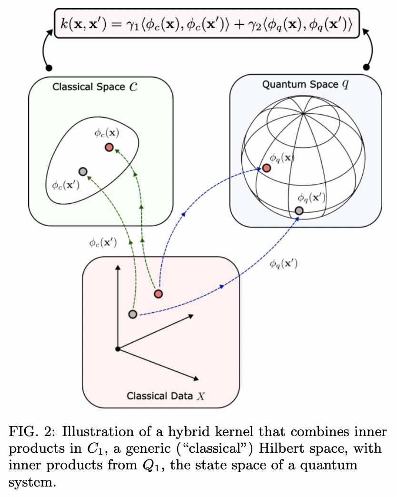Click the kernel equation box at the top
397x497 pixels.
coord(207,23)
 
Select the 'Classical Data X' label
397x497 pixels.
coord(166,396)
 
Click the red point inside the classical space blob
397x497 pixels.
coord(109,148)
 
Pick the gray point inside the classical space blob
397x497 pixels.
coord(82,171)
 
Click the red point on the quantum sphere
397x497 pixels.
coord(267,168)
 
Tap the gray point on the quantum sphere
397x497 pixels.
coord(299,210)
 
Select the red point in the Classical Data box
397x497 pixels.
coord(159,294)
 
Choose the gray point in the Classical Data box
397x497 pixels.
coord(133,314)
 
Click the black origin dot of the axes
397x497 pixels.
coord(118,349)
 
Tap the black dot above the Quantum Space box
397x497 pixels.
coord(367,67)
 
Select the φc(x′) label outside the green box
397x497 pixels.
coord(103,242)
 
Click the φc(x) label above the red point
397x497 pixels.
coord(106,133)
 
